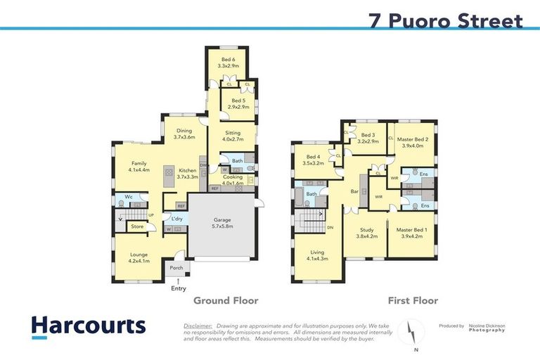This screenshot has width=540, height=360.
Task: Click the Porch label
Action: pos(176,267)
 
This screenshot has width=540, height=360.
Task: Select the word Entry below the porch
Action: pos(179,288)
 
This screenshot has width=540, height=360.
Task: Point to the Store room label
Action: pos(137,226)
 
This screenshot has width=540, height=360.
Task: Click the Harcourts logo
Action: pos(88,326)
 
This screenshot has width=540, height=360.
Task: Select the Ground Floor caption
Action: pos(226,301)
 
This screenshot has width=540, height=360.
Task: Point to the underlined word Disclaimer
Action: pos(198,326)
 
